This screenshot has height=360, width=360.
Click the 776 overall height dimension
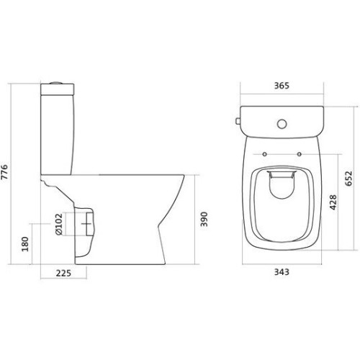tap(5, 172)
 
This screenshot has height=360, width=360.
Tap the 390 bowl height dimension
tap(204, 219)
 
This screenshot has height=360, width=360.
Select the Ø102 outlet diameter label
tap(58, 224)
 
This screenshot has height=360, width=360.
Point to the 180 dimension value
tap(25, 244)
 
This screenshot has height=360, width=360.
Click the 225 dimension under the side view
tap(63, 273)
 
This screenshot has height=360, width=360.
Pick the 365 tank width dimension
tap(282, 86)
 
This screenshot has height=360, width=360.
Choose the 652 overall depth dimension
tap(348, 178)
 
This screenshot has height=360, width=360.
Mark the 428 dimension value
tap(333, 202)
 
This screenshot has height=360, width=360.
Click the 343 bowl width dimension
tap(282, 272)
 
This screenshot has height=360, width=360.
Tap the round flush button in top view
tap(282, 124)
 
